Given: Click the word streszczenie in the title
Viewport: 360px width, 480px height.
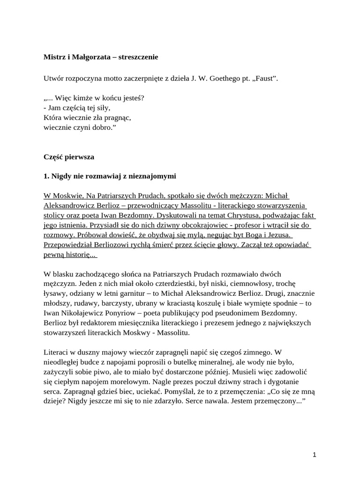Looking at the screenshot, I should [x=135, y=57].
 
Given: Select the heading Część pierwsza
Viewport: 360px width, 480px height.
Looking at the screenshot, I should [x=69, y=156].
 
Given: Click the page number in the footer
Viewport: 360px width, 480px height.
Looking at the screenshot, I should [x=315, y=455].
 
